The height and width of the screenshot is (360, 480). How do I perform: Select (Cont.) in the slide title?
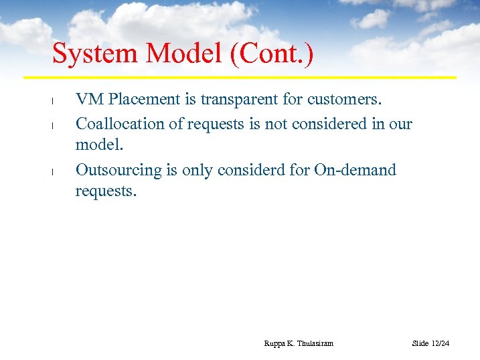click(272, 54)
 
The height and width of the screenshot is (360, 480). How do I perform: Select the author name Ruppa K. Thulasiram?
click(299, 343)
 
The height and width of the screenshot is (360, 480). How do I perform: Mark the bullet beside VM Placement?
click(52, 101)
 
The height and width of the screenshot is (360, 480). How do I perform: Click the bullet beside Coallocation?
click(52, 125)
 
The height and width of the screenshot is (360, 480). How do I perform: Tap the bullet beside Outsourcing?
click(52, 171)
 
